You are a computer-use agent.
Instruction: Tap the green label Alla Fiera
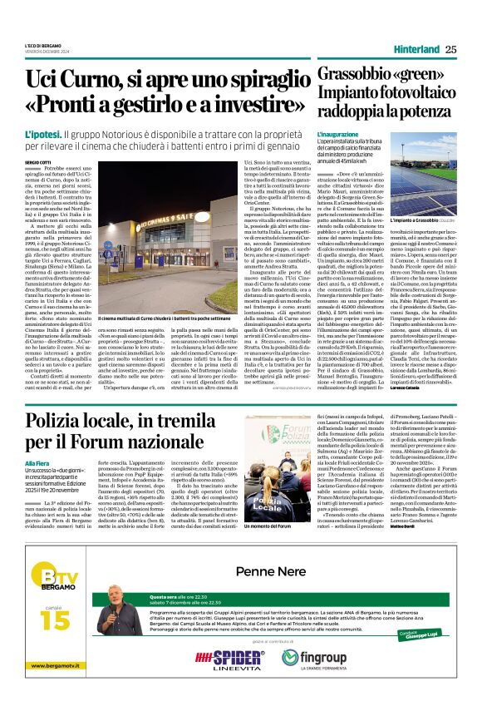pyautogui.click(x=38, y=463)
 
